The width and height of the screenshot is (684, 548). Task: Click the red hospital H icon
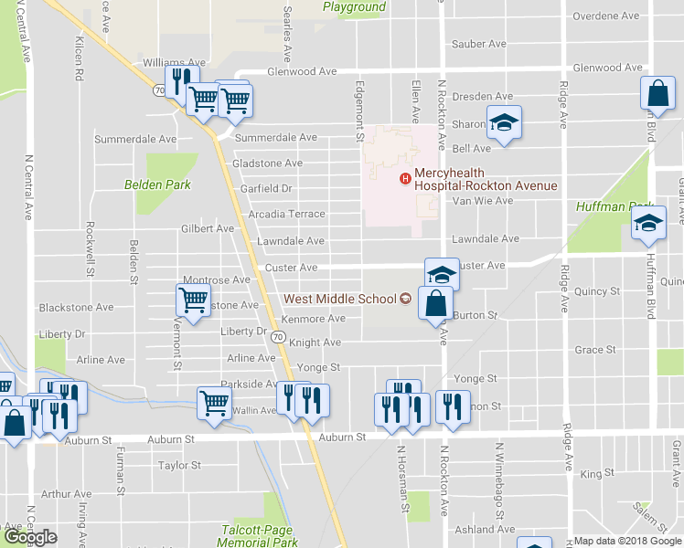[x=404, y=178]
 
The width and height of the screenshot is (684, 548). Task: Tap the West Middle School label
[x=339, y=299]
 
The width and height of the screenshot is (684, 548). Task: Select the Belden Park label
[x=157, y=184]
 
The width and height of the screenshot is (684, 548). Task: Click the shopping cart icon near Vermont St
[x=193, y=300]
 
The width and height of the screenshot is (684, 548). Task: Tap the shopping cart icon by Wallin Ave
[x=214, y=401]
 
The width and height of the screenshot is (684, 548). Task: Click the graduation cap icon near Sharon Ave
[x=501, y=123]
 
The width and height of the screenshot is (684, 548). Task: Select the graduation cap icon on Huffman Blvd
[x=648, y=223]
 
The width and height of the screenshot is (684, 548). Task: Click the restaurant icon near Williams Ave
[x=180, y=80]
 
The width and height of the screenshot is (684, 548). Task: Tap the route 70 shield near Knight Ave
[x=279, y=338]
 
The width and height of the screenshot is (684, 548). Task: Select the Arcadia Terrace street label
[x=286, y=215]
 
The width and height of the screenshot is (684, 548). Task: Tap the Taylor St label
[x=179, y=466]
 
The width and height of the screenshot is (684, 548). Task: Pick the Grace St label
[x=594, y=350]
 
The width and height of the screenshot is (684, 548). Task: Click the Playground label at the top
[x=354, y=7]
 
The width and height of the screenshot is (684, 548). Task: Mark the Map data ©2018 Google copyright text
[x=627, y=541]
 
